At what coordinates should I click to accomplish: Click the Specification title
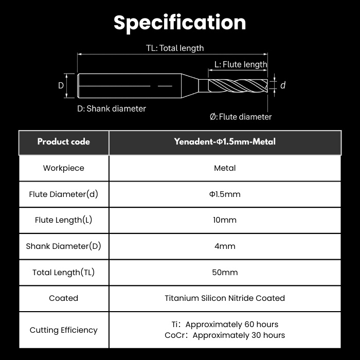coord(180,23)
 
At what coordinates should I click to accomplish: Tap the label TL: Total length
coord(175,48)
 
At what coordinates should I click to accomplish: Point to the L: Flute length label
coord(241,64)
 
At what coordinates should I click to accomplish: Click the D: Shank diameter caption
coord(112,109)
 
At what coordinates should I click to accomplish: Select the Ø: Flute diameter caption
coord(241,117)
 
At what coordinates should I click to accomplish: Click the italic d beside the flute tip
coord(283,85)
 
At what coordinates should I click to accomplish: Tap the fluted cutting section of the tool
coord(238,86)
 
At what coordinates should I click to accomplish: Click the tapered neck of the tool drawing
coord(190,86)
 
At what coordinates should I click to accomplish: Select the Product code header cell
coord(64,142)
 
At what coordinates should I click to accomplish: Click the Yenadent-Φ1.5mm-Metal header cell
coord(225,142)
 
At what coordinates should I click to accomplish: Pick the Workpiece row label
coord(64,168)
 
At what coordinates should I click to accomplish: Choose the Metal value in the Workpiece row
coord(225,168)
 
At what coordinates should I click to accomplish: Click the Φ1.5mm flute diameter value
coord(225,194)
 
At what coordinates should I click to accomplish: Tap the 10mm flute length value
coord(225,220)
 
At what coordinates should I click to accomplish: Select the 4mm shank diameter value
coord(225,246)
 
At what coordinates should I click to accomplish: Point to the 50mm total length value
coord(225,272)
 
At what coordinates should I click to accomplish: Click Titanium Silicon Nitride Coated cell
coord(225,298)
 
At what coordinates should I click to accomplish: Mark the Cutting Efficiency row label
coord(64,330)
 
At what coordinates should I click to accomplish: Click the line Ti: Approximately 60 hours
coord(225,325)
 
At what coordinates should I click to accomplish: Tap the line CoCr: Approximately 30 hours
coord(225,335)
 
